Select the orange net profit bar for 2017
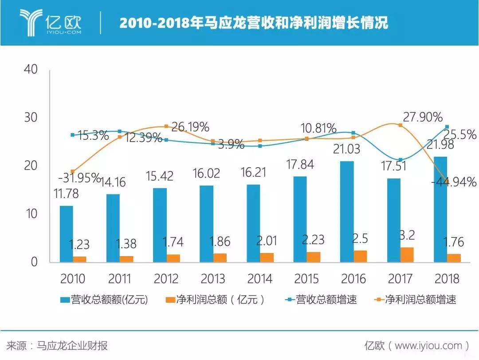[x=407, y=255]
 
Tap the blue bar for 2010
[x=67, y=234]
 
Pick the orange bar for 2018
[x=453, y=258]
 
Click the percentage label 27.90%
[x=423, y=117]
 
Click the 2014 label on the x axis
[x=260, y=279]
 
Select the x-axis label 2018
[x=447, y=279]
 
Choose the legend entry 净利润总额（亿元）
[x=212, y=300]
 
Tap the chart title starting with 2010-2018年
[x=254, y=23]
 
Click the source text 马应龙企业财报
[x=72, y=345]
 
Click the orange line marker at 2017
[x=400, y=125]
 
